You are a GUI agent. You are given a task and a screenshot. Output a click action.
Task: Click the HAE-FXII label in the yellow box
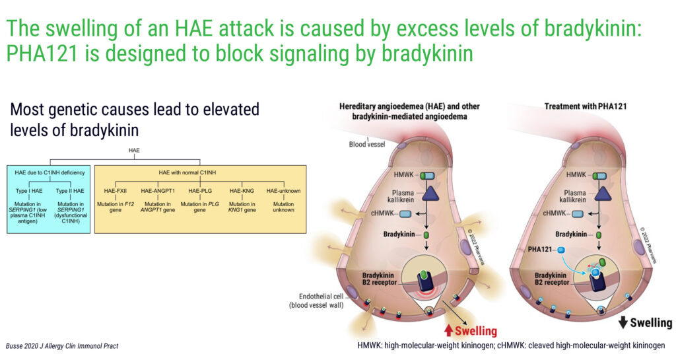click(115, 190)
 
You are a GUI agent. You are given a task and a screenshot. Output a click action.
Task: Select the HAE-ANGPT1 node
click(158, 190)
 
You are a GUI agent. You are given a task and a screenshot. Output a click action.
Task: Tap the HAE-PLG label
click(200, 190)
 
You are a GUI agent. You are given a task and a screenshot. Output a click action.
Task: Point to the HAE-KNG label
click(242, 190)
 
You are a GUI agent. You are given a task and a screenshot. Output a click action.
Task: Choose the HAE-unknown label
click(283, 190)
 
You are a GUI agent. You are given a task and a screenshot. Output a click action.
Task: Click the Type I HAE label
click(29, 190)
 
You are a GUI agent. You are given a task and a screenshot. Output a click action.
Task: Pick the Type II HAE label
click(70, 190)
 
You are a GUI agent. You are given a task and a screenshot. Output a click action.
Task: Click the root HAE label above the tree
click(134, 151)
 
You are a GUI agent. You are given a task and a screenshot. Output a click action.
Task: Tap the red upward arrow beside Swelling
click(448, 331)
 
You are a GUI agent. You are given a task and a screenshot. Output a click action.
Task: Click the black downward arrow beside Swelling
click(623, 322)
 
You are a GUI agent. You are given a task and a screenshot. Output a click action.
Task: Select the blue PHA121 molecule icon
click(561, 250)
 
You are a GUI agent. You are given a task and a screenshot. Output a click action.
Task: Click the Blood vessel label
click(367, 145)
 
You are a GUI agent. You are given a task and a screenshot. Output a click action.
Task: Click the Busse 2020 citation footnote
click(61, 345)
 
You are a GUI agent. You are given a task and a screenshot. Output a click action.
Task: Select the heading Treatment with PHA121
click(585, 106)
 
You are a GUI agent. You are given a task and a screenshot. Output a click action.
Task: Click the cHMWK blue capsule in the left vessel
click(405, 214)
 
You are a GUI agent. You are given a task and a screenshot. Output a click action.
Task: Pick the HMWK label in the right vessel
click(576, 174)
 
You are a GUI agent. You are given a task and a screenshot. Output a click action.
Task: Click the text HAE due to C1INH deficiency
click(50, 172)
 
